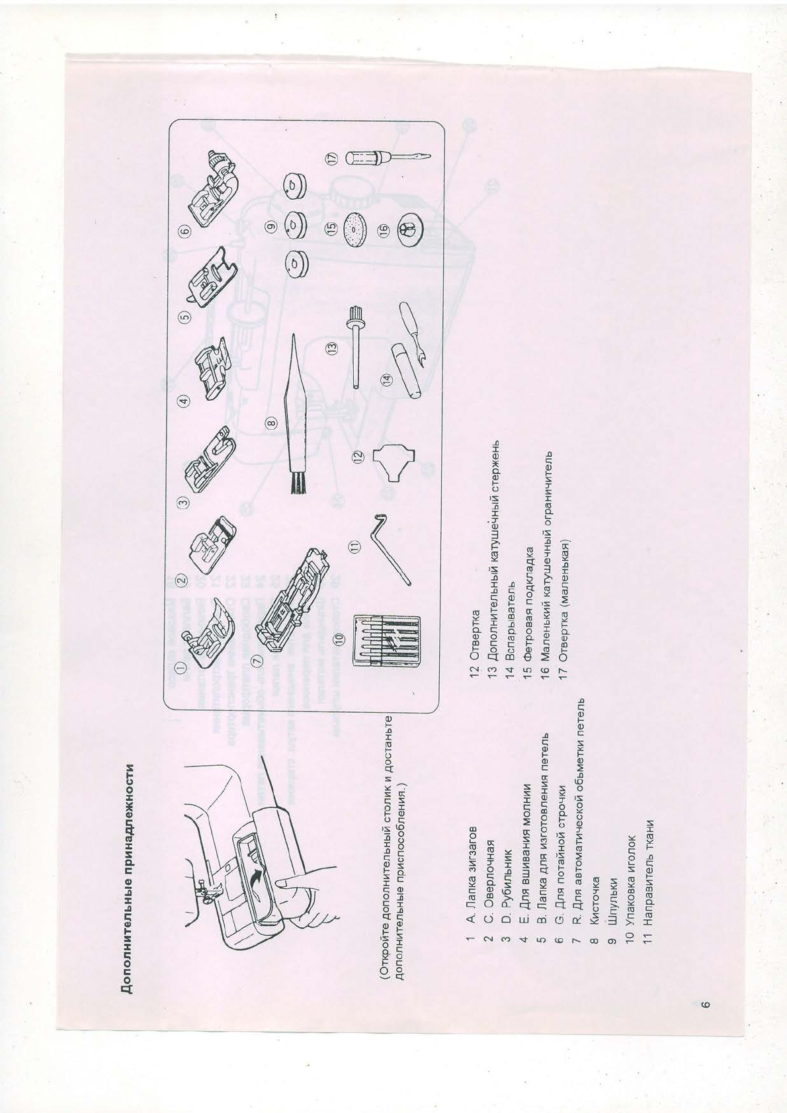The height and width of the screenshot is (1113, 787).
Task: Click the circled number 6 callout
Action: [185, 230]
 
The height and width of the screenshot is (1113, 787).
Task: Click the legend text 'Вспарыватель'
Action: [509, 623]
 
